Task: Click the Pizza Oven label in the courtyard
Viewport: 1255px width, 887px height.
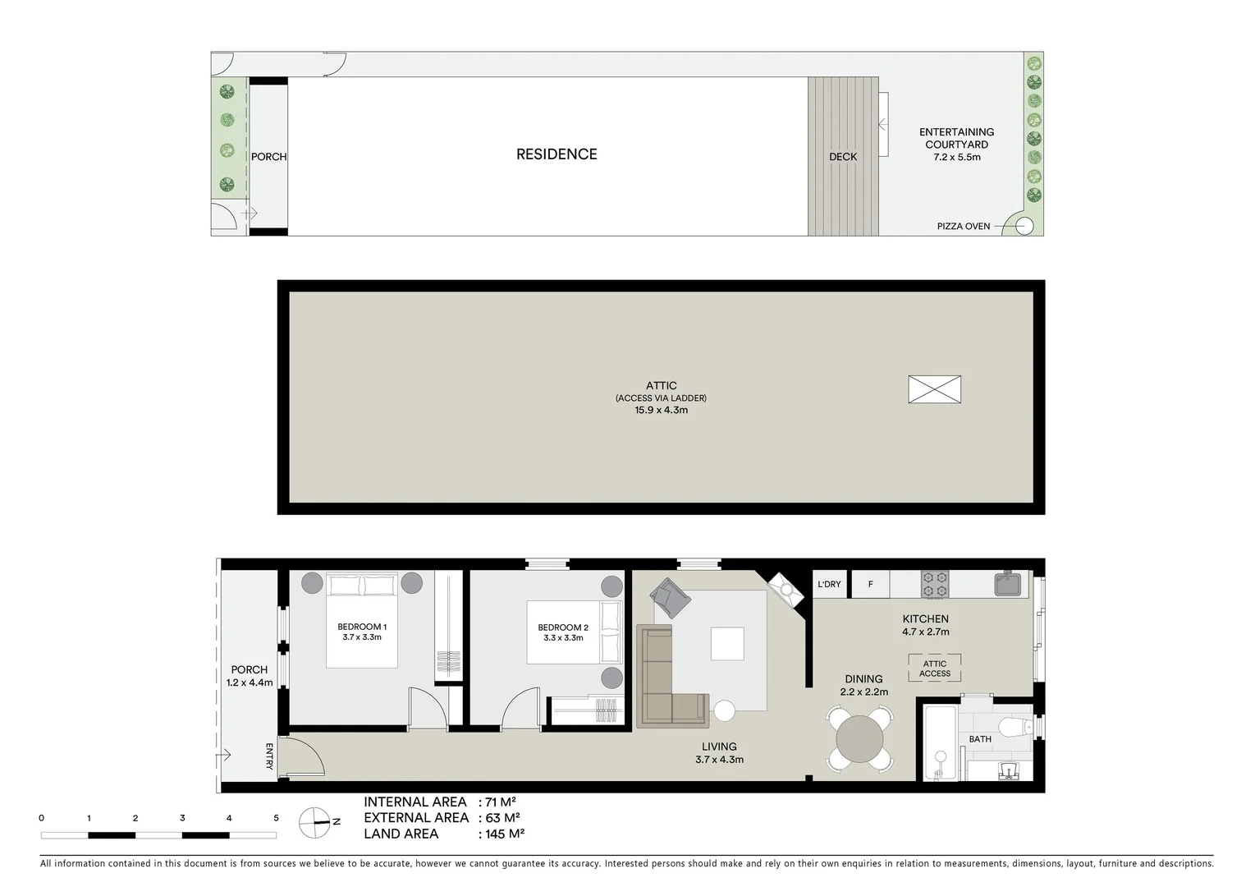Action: pos(963,226)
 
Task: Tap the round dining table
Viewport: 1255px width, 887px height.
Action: pos(859,741)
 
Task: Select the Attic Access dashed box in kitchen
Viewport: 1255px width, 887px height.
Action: pos(934,669)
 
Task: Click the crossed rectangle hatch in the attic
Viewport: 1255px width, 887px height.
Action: pos(934,389)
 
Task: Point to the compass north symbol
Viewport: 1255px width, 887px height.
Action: pos(314,822)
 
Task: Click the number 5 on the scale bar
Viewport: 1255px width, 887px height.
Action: pos(276,818)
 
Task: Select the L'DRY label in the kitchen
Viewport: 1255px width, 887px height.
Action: pos(829,584)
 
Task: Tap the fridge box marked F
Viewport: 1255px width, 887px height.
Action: pos(870,584)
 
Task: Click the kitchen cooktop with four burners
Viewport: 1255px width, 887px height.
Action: pos(934,584)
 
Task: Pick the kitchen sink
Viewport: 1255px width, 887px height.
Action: pos(1007,584)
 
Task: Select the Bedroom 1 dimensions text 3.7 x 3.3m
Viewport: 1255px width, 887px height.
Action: pos(361,637)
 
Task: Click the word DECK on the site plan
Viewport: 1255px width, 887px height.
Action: pos(843,156)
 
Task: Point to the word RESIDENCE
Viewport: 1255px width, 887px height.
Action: pos(557,154)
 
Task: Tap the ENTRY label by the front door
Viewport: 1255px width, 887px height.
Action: pos(269,756)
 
